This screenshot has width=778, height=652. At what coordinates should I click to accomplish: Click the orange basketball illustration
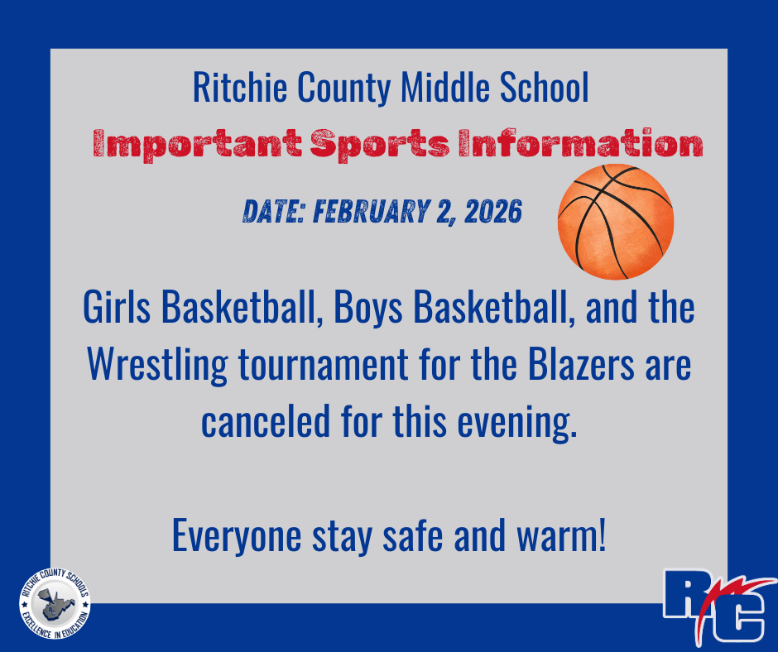pos(616,221)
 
